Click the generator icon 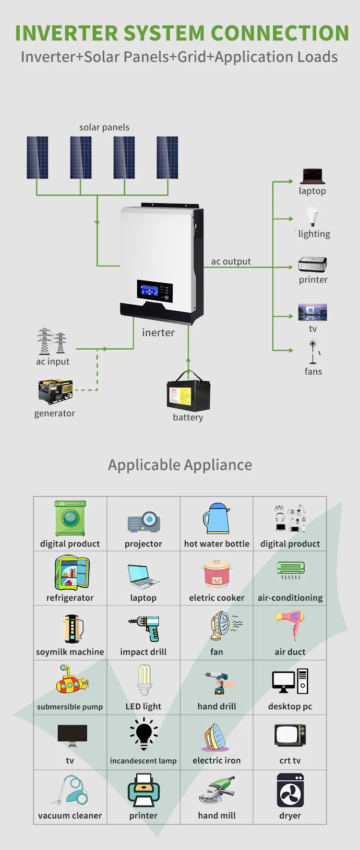click(x=55, y=391)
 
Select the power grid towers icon click(x=51, y=341)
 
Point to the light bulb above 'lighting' click(x=312, y=217)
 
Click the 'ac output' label click(x=231, y=261)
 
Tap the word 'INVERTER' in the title click(x=67, y=33)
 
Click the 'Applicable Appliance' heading click(x=180, y=465)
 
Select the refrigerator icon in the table click(x=72, y=572)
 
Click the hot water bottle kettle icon click(x=216, y=519)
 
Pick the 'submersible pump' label click(x=70, y=707)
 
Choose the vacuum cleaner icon click(x=71, y=790)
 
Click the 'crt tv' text click(x=290, y=761)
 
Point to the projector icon click(x=144, y=522)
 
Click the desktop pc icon click(x=290, y=681)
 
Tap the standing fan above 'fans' click(x=313, y=352)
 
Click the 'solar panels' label click(x=104, y=127)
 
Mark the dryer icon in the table click(x=290, y=790)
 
